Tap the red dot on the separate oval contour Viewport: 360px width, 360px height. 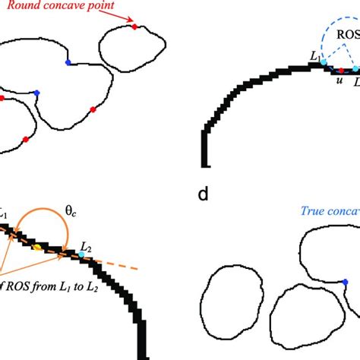point(134,27)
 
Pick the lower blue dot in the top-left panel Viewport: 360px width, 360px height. point(36,93)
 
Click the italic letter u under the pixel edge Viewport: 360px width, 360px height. point(339,81)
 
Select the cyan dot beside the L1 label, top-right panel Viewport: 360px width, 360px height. point(324,62)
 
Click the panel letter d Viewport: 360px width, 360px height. point(202,195)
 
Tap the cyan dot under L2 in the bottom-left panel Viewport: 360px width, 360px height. point(82,254)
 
